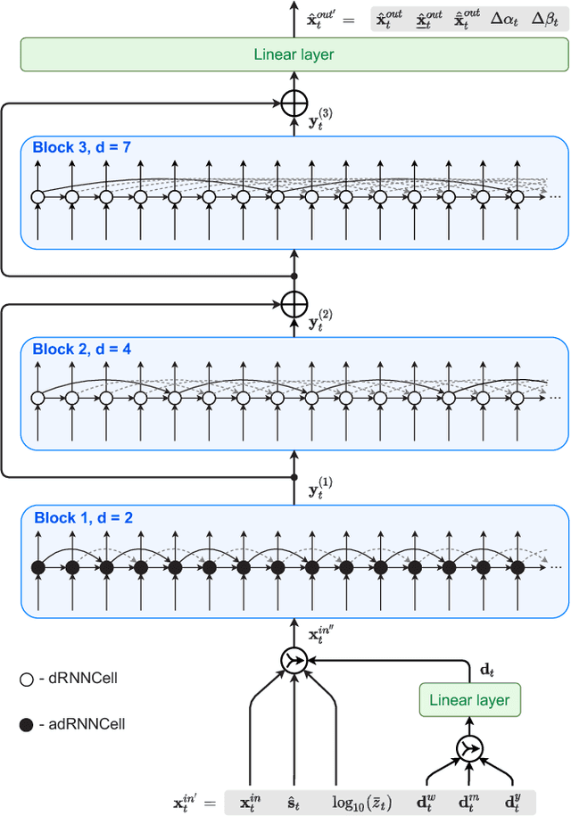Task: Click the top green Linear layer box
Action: tap(294, 54)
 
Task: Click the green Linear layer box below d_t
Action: tap(469, 699)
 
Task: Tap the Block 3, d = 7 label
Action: tap(82, 147)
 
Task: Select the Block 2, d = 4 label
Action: tap(82, 349)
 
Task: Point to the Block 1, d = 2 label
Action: tap(82, 517)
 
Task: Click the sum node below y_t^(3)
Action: tap(294, 104)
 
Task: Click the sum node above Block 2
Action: tap(294, 305)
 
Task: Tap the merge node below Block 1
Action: tap(294, 660)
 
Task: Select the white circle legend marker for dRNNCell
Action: tap(26, 679)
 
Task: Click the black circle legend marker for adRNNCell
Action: tap(26, 723)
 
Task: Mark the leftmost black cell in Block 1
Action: tap(37, 567)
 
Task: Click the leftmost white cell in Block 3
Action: tap(37, 197)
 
